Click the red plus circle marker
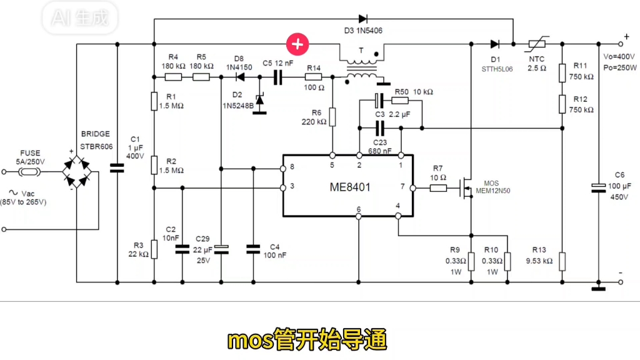tap(297, 44)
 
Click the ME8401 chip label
tap(355, 187)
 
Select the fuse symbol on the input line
tap(29, 168)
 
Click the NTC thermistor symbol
tap(536, 44)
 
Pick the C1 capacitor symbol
tap(117, 168)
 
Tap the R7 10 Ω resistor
tap(437, 187)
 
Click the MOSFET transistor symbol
tap(466, 187)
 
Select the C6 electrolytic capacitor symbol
tap(598, 187)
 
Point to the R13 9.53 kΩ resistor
tap(562, 261)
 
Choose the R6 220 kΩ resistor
tap(332, 117)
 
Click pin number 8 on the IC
tap(291, 168)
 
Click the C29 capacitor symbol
tap(223, 249)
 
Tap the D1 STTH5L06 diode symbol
tap(494, 44)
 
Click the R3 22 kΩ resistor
tap(154, 249)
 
